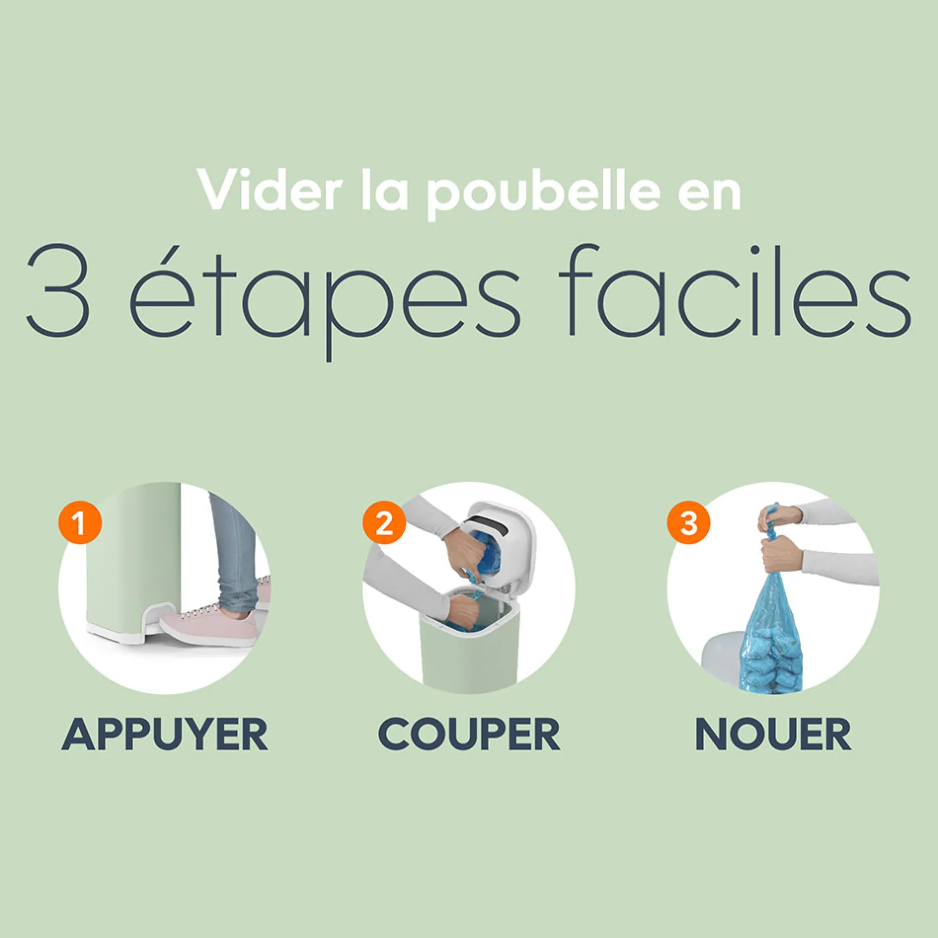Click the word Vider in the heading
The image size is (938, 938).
pyautogui.click(x=270, y=190)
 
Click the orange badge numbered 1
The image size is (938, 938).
pyautogui.click(x=80, y=523)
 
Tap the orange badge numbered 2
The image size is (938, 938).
pyautogui.click(x=384, y=523)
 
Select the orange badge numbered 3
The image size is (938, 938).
pyautogui.click(x=689, y=523)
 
